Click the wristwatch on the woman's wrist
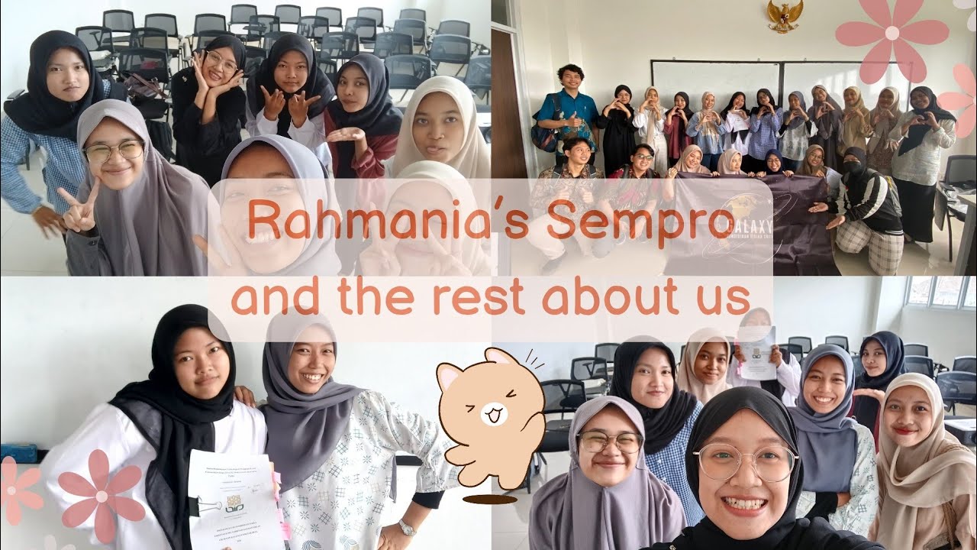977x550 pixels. click(x=406, y=527)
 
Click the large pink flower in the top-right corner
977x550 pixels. click(x=891, y=34)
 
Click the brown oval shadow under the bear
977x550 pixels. click(x=489, y=500)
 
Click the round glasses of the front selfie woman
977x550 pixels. click(x=746, y=462)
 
